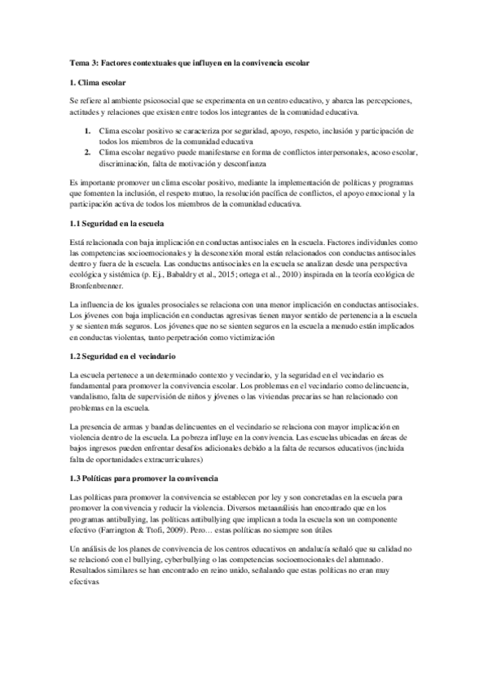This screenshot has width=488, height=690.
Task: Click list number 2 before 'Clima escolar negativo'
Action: click(x=86, y=152)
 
